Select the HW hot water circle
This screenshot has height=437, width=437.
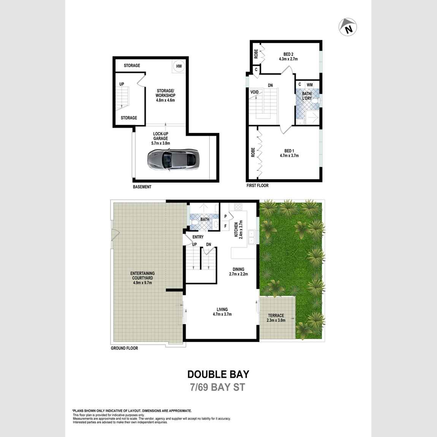178,66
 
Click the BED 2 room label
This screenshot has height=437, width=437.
288,54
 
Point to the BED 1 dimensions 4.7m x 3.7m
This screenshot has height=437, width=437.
289,155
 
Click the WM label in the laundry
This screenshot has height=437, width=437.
310,84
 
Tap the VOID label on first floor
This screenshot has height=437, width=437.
255,92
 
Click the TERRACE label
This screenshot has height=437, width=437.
276,315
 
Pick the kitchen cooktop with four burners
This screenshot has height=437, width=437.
238,207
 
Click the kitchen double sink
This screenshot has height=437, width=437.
251,236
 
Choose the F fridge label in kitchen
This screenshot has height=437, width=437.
225,226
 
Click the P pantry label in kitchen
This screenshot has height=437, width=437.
225,217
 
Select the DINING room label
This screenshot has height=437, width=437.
239,269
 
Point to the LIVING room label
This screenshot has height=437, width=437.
222,309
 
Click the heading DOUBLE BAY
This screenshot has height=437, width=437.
218,374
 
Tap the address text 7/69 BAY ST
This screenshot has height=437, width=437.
218,388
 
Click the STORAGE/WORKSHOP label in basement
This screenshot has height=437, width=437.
165,93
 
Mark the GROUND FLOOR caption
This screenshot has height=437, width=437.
124,348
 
